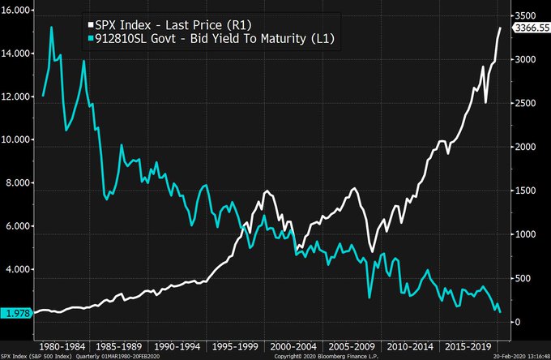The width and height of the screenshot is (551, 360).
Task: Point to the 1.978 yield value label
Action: pyautogui.click(x=15, y=312)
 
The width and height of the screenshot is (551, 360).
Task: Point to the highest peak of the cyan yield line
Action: pyautogui.click(x=52, y=27)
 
